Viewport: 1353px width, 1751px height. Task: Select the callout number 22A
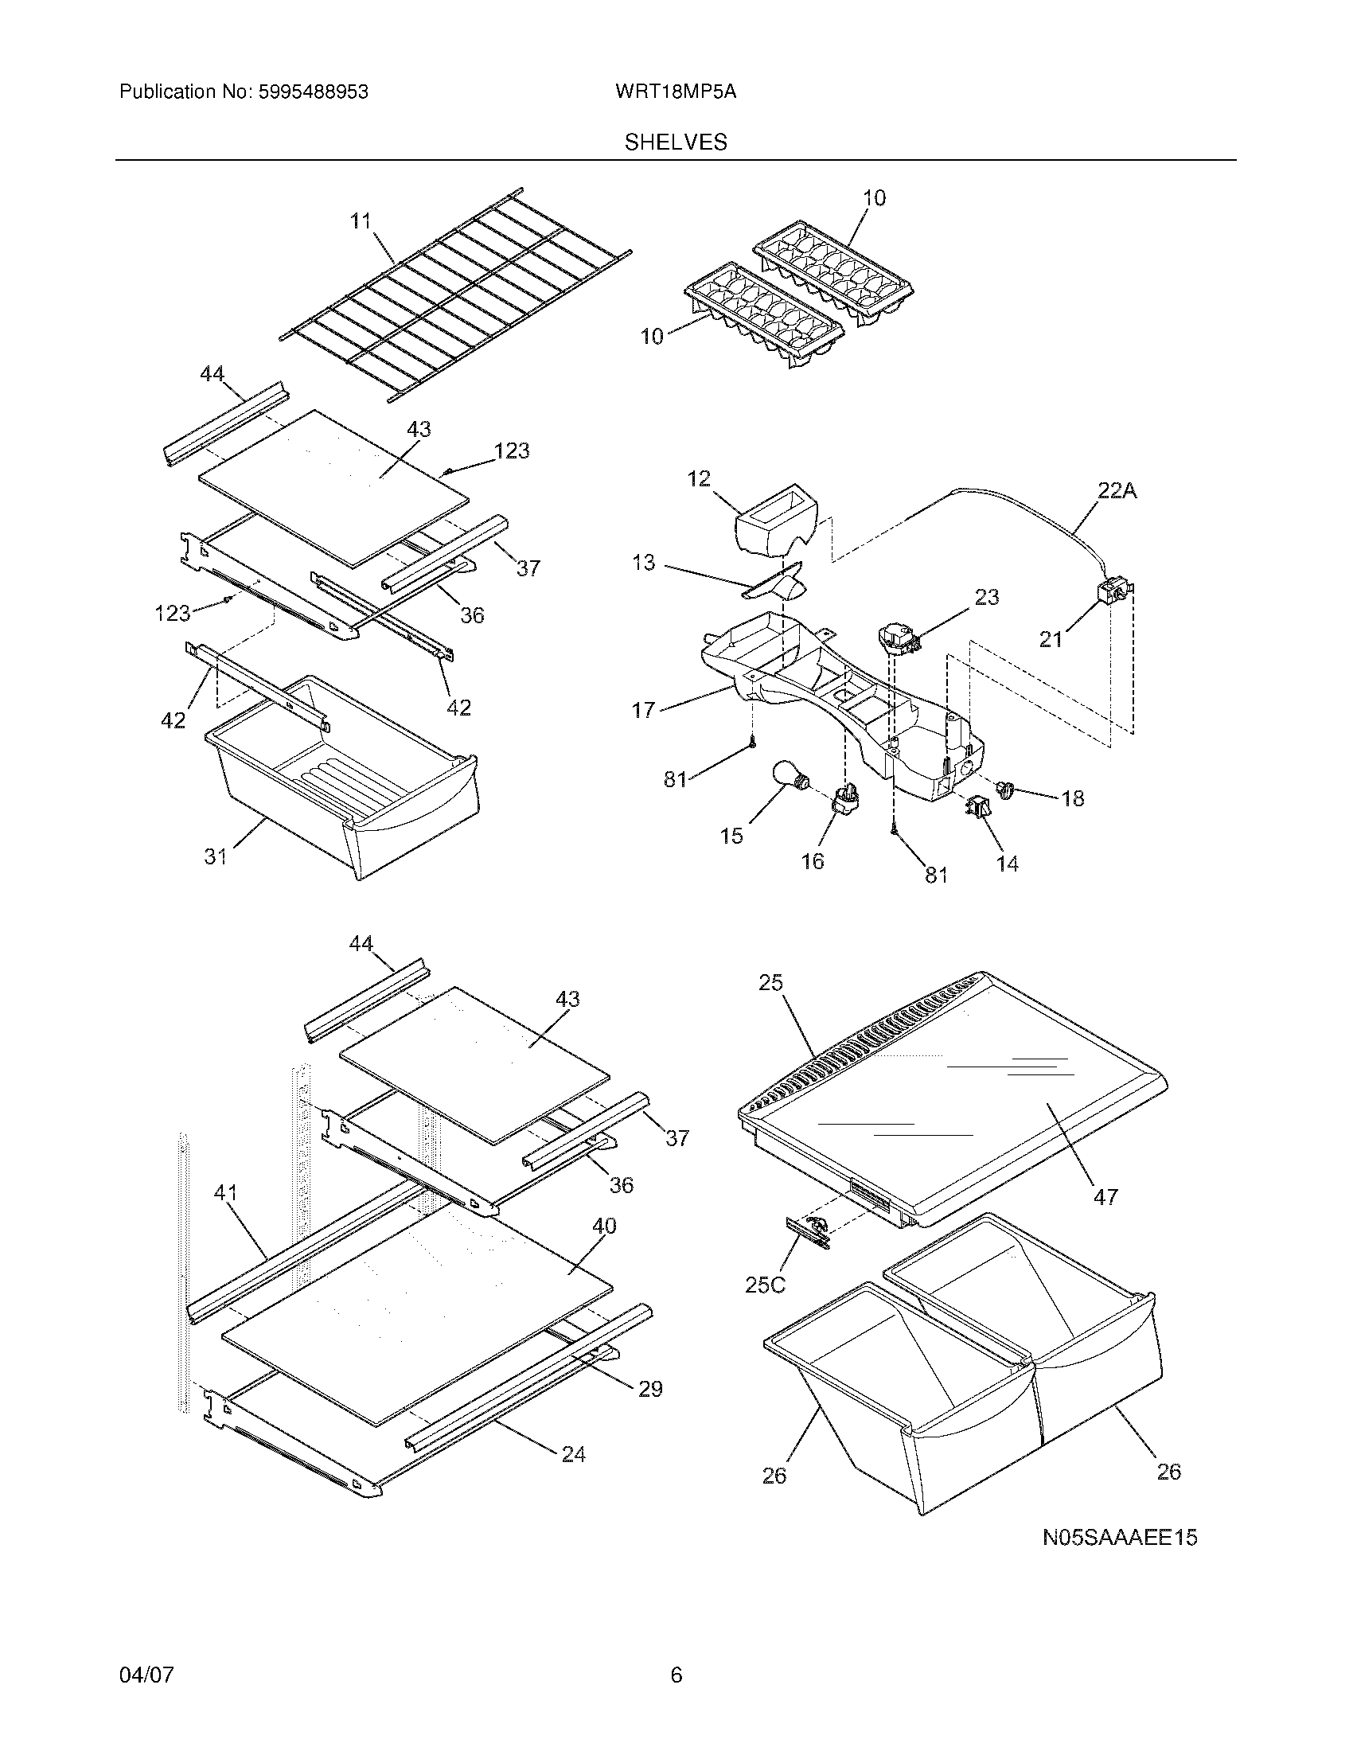(1117, 490)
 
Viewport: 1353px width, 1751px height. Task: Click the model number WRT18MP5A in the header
(675, 92)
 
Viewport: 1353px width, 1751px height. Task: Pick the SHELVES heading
(675, 142)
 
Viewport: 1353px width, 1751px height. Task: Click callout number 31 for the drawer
(215, 856)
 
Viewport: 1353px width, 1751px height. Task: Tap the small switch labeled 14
(979, 807)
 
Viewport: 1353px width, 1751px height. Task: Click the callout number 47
(1105, 1220)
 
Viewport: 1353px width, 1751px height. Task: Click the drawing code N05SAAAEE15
(1119, 1538)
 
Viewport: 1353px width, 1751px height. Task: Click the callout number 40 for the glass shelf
(603, 1226)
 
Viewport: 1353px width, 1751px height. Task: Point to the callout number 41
(225, 1215)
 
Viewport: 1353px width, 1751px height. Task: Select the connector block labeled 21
(1110, 593)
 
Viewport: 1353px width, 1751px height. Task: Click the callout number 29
(650, 1389)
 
